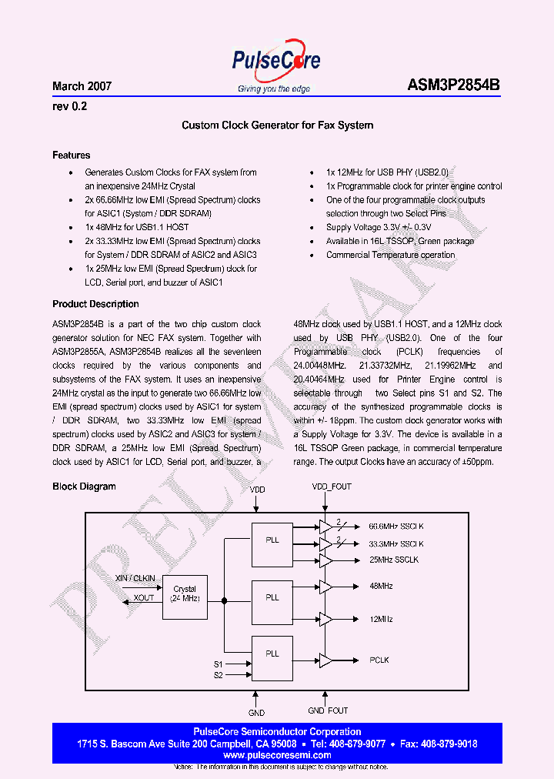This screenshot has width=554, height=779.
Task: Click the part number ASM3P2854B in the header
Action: pos(453,86)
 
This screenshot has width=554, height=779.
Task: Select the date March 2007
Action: pos(82,86)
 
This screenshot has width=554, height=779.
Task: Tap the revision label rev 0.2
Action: pos(69,107)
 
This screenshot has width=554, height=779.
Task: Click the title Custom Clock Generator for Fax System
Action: pos(277,125)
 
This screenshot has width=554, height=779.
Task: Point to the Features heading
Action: pos(71,155)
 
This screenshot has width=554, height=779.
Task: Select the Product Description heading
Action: pos(95,304)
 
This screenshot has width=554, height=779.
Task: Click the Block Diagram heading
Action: pos(84,486)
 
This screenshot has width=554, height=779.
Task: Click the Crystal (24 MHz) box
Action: pos(185,593)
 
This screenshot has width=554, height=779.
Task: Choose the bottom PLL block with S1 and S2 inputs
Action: pos(272,658)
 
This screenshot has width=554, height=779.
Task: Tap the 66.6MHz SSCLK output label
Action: pos(396,527)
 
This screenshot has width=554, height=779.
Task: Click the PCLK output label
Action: pos(379,660)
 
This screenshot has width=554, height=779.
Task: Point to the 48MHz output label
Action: pos(381,587)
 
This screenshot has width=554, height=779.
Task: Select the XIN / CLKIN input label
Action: pos(135,577)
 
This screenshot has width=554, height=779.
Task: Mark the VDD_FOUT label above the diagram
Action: pos(331,487)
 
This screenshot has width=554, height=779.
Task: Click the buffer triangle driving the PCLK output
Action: pos(325,660)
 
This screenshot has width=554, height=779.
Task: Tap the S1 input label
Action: pos(218,664)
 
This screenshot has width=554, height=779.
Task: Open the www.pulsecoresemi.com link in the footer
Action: pos(276,756)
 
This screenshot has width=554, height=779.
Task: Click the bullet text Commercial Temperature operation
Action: pos(390,255)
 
